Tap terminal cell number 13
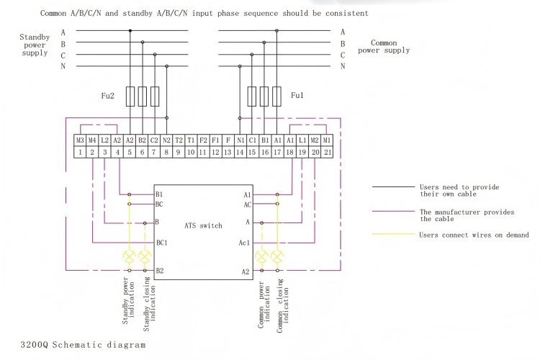[x=228, y=152]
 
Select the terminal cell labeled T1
[x=191, y=140]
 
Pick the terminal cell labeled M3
[x=80, y=140]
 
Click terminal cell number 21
[x=327, y=152]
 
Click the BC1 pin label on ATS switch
[x=162, y=243]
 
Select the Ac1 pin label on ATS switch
[x=244, y=243]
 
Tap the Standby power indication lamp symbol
[x=130, y=256]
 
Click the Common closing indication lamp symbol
[x=277, y=256]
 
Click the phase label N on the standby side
[x=63, y=66]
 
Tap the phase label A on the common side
[x=343, y=31]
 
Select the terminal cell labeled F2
[x=203, y=140]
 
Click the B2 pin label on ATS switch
[x=160, y=271]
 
